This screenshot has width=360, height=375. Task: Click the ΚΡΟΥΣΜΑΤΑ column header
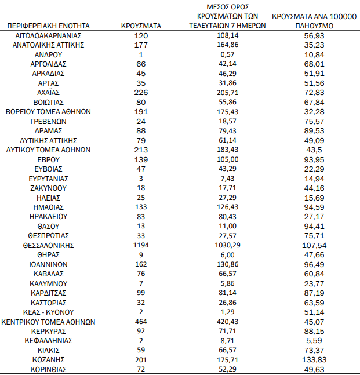[141, 26]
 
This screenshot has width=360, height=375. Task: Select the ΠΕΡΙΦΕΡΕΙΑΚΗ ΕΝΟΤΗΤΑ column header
[49, 26]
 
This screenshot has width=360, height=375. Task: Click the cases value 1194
[141, 245]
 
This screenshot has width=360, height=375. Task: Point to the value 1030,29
[227, 245]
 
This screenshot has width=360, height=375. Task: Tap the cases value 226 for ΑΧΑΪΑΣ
[141, 93]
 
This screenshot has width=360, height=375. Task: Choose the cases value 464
[141, 322]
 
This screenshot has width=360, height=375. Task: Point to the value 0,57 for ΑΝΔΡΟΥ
[227, 54]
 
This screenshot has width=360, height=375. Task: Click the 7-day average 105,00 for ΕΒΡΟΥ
[227, 159]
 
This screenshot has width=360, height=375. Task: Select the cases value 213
[141, 150]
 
